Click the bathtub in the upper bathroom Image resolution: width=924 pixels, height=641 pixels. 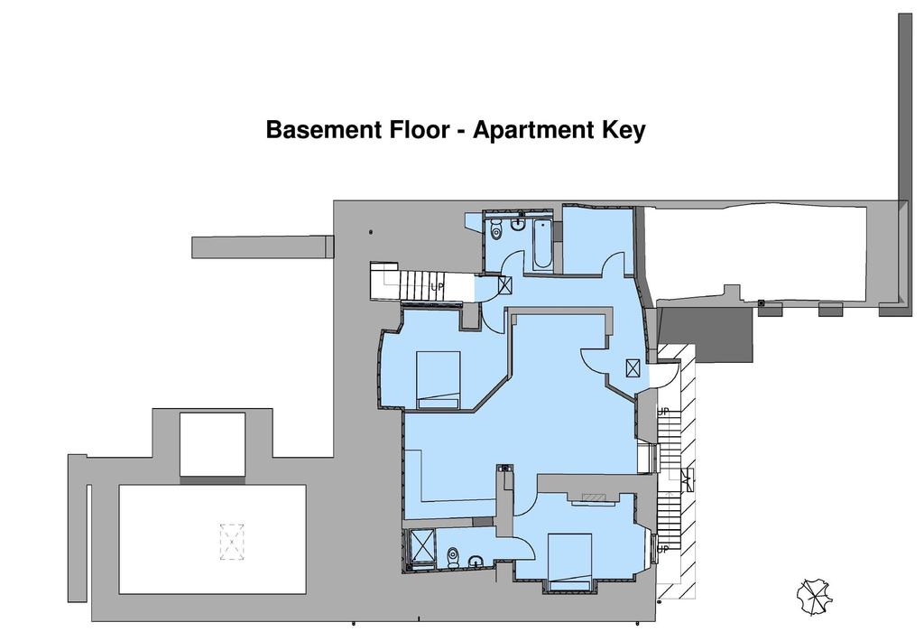click(x=542, y=245)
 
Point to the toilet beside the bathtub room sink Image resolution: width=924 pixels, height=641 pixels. click(x=496, y=229)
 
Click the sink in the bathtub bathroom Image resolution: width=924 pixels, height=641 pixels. click(x=518, y=224)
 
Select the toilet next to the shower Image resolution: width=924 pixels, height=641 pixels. click(x=453, y=557)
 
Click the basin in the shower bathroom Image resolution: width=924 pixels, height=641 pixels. click(x=476, y=562)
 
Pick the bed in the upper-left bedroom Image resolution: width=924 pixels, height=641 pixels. click(x=438, y=380)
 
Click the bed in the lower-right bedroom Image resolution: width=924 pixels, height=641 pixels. click(x=569, y=561)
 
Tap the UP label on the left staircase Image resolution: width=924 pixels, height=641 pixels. click(x=437, y=287)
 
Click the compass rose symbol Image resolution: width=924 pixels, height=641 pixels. click(x=815, y=598)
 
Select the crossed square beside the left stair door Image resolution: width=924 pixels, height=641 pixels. click(x=505, y=284)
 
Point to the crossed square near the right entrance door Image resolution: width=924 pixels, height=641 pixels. click(x=633, y=368)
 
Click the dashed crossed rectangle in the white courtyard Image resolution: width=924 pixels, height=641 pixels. click(x=232, y=542)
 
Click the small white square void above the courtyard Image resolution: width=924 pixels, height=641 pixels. click(x=212, y=444)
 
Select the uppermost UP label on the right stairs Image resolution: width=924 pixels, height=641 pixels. click(x=663, y=412)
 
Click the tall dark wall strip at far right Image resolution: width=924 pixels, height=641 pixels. click(x=905, y=107)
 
